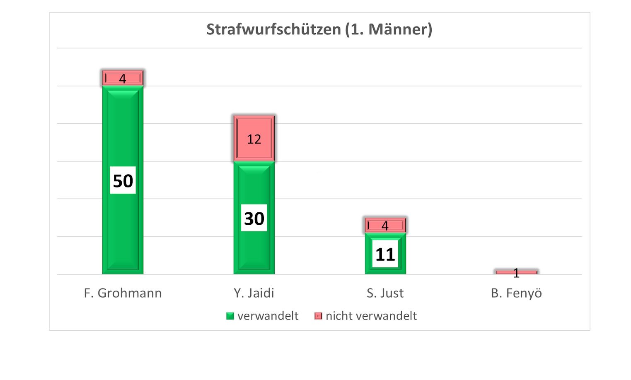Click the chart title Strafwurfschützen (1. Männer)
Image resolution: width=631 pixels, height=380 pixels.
(x=319, y=29)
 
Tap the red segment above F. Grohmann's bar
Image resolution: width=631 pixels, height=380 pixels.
(x=123, y=78)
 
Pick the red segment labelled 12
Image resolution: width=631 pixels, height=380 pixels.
(x=254, y=139)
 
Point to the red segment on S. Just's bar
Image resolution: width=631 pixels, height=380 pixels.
(x=385, y=226)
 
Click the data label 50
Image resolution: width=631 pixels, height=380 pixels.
(x=123, y=181)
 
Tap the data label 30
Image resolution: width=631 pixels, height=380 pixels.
(x=254, y=218)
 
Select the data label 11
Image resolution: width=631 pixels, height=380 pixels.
(x=385, y=254)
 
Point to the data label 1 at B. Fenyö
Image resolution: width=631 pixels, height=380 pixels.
(x=516, y=273)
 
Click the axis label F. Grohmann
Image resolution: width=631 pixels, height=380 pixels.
(x=123, y=293)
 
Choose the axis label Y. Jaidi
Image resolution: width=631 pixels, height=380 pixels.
(x=254, y=293)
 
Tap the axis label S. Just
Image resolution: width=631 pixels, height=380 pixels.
(x=385, y=293)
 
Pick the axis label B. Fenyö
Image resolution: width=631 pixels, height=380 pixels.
(x=516, y=293)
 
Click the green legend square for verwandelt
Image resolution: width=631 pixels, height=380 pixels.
(x=230, y=316)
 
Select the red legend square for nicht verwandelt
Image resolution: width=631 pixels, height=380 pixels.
(x=318, y=316)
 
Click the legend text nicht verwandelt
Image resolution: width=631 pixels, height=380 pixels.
(x=371, y=316)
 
